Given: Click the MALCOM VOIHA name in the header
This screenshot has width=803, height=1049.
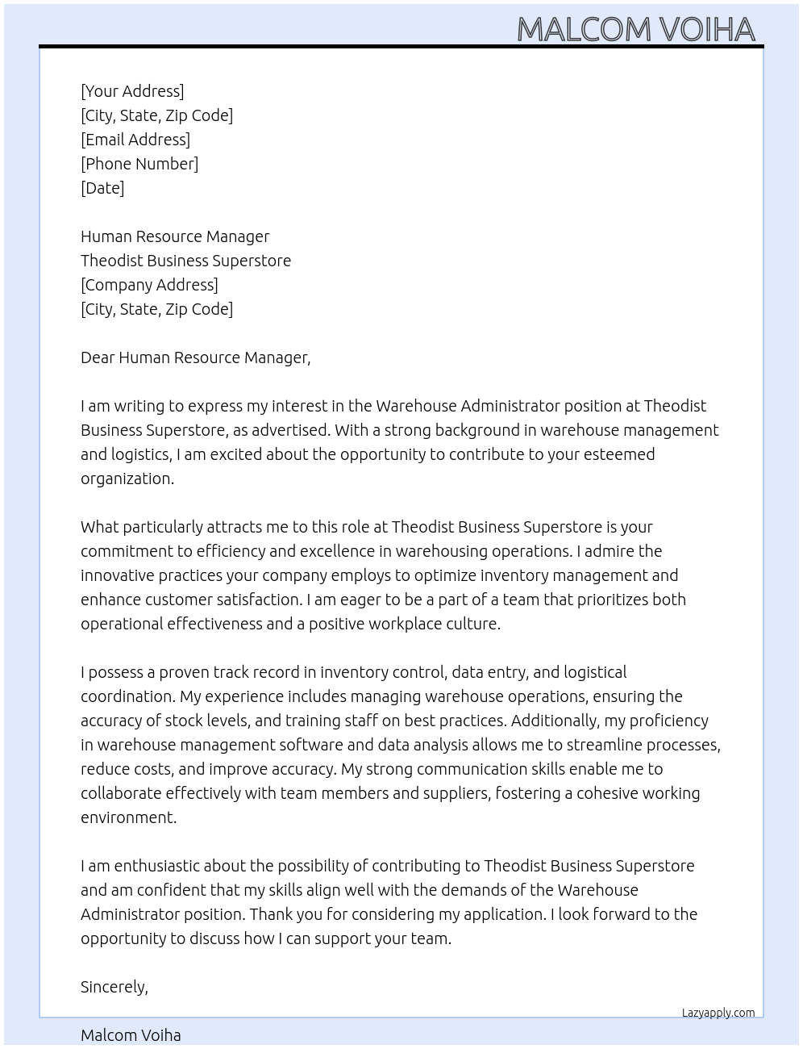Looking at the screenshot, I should coord(635,29).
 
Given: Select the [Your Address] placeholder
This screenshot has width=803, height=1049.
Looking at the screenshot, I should coord(132,91).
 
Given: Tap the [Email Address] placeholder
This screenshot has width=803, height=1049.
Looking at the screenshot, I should coord(135,140).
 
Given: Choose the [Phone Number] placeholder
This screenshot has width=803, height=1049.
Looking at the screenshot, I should coord(139,164).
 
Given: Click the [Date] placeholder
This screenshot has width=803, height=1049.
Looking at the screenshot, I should coord(102,188).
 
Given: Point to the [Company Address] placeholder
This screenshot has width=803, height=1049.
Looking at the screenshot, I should coord(149,285).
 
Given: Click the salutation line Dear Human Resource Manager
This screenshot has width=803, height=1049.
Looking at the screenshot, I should coord(195,357).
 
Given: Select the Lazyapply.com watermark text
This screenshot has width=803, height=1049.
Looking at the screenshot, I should coord(718,1013).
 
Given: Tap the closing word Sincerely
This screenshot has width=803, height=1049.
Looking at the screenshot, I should coord(114,987).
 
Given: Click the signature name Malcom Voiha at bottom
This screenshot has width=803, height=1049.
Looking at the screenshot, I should coord(131,1035).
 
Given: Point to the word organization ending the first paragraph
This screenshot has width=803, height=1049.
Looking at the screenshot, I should coord(127,479).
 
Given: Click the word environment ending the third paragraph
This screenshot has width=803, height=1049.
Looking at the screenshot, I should coord(127,817).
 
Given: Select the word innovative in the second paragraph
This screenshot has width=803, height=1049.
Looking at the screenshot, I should coord(117,575).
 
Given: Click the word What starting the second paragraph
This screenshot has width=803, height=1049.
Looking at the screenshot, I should coord(99,527).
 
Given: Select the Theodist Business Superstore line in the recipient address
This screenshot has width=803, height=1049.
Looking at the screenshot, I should coord(185,261).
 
